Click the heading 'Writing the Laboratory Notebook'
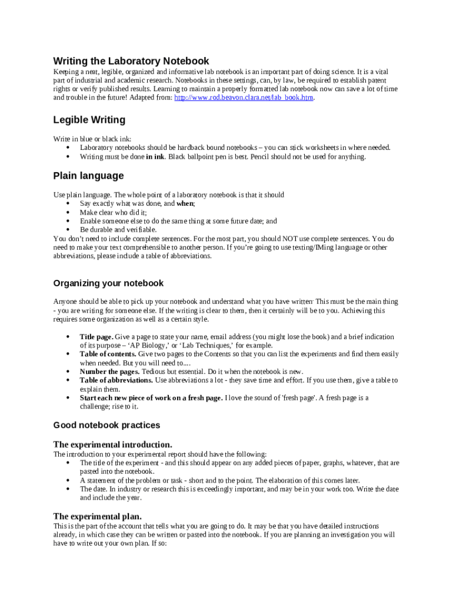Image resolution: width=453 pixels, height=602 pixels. (131, 61)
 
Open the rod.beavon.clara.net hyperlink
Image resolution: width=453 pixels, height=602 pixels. (244, 98)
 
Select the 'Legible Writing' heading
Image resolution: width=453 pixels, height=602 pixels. (89, 120)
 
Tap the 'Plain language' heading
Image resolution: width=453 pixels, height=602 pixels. (88, 176)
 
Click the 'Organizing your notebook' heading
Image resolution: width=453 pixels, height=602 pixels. (108, 283)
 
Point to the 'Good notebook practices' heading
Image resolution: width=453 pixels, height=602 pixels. (106, 425)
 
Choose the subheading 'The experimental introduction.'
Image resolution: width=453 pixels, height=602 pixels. (112, 444)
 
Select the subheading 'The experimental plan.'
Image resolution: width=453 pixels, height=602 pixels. (97, 516)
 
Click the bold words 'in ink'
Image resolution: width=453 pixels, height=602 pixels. (155, 157)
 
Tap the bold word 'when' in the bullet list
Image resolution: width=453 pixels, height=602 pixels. (185, 203)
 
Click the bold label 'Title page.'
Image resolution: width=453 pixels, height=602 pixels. (96, 337)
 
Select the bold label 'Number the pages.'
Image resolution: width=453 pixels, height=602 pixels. (109, 372)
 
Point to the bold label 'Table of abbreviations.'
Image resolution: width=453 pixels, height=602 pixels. (116, 380)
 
